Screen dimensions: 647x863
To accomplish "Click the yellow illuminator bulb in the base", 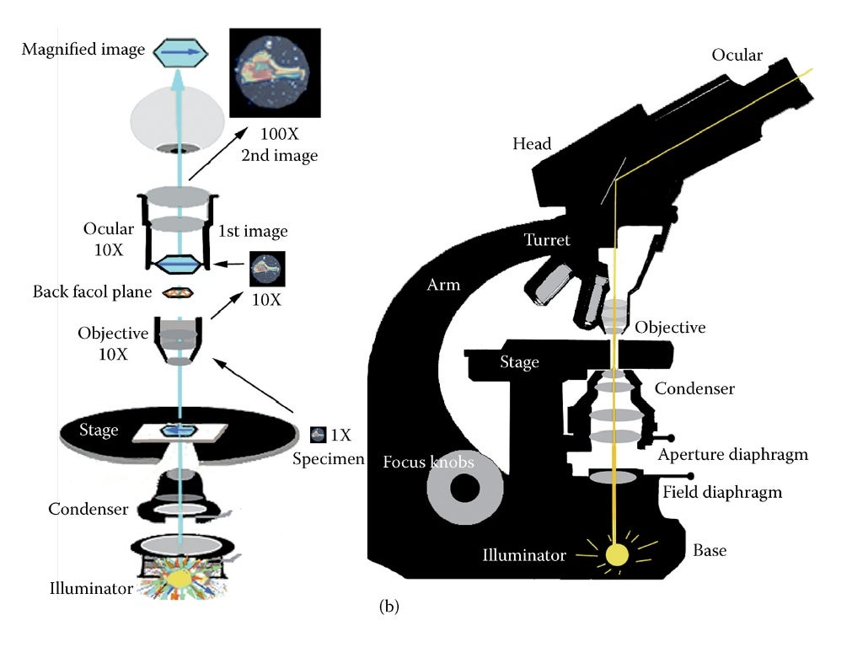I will click(617, 554).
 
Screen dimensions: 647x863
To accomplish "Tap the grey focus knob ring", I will click(462, 489).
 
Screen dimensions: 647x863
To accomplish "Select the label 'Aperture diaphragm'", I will click(732, 455).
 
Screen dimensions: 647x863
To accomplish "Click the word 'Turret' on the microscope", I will click(547, 240).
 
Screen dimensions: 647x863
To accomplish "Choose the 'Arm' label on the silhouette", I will click(443, 285).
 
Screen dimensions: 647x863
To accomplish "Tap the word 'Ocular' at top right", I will click(737, 56).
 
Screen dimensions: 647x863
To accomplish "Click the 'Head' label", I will click(532, 144).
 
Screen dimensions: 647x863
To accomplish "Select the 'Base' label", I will click(710, 550).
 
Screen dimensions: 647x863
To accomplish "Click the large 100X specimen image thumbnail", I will click(275, 74).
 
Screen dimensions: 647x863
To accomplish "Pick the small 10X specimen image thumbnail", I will click(267, 270).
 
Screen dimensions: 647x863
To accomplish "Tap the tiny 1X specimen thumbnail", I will click(318, 435).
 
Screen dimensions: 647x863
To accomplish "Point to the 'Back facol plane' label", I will click(93, 292).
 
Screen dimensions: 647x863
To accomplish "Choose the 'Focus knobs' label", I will click(428, 462).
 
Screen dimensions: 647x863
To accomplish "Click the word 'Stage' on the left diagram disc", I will click(99, 430).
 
